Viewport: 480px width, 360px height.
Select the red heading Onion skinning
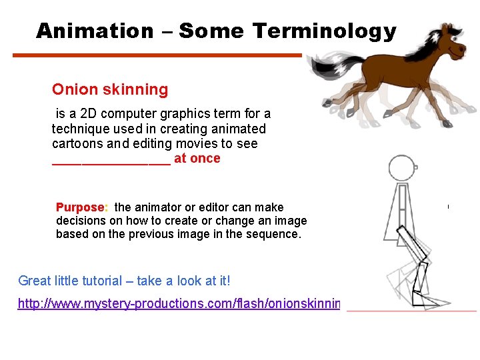[x=110, y=89]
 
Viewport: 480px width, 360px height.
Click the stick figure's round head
[x=401, y=168]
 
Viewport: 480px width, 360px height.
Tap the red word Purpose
[x=81, y=207]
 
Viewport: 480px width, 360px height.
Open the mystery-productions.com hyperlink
[x=179, y=304]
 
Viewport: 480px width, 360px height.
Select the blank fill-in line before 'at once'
[x=111, y=160]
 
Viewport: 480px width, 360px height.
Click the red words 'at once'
[x=197, y=159]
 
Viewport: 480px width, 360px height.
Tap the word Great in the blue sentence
[x=34, y=281]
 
